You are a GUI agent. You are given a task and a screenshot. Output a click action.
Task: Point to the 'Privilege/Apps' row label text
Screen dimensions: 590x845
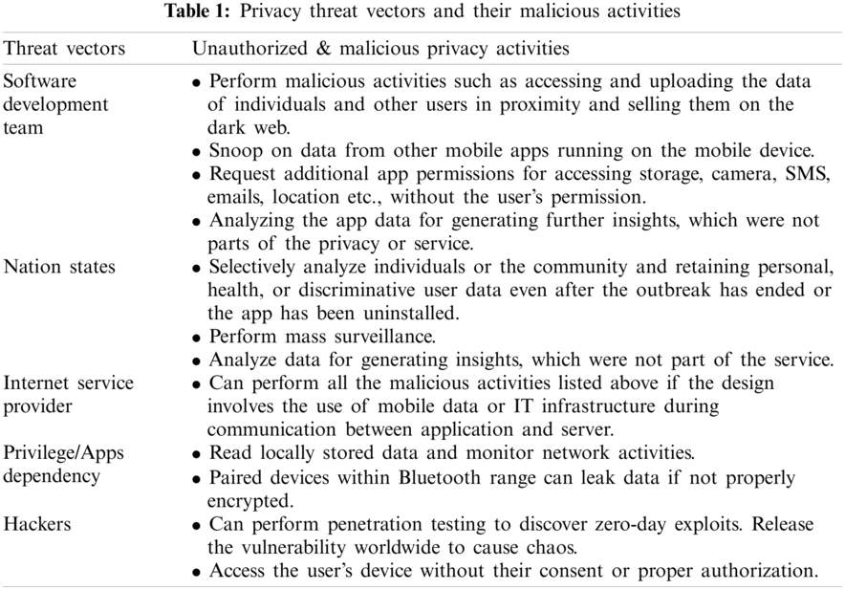(64, 452)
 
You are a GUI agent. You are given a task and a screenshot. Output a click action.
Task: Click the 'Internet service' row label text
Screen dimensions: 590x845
(69, 383)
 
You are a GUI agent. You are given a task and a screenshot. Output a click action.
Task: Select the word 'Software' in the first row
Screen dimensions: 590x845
(39, 81)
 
